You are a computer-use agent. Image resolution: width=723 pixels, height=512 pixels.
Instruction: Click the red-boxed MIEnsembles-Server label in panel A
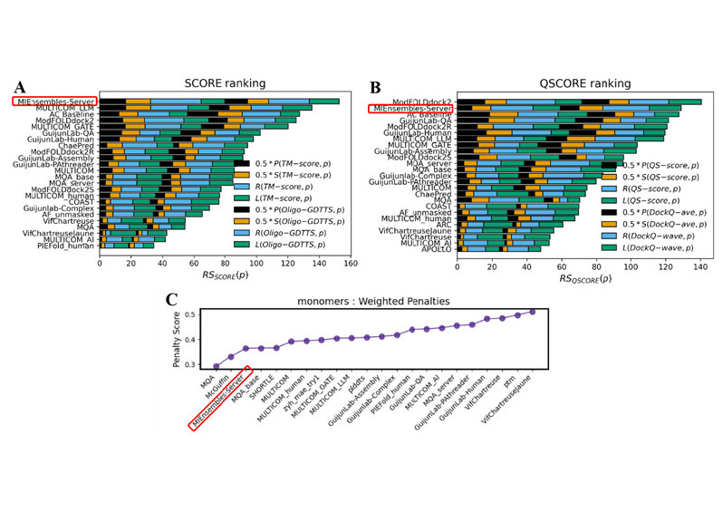pos(55,101)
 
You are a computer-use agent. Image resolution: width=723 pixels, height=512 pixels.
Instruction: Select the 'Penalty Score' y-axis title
pos(164,339)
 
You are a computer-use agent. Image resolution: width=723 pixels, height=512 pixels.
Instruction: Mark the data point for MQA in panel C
pos(215,366)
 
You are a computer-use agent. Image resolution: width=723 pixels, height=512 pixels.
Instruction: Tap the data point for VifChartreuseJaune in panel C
pos(532,311)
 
